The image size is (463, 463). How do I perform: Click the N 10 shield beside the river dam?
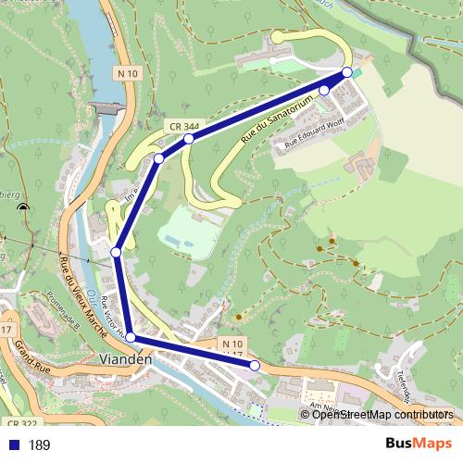128,73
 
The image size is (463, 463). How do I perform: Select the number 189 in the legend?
39,445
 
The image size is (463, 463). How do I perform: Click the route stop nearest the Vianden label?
131,337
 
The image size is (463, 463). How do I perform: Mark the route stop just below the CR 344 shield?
188,139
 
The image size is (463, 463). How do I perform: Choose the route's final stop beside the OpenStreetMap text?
255,366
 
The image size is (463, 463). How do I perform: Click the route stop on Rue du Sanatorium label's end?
324,90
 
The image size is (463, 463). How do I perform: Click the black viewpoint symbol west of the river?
23,207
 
